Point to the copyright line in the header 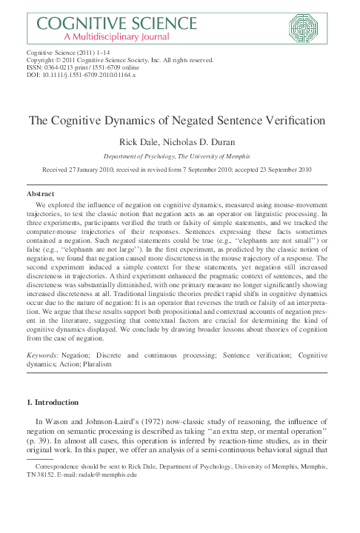click(x=120, y=61)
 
